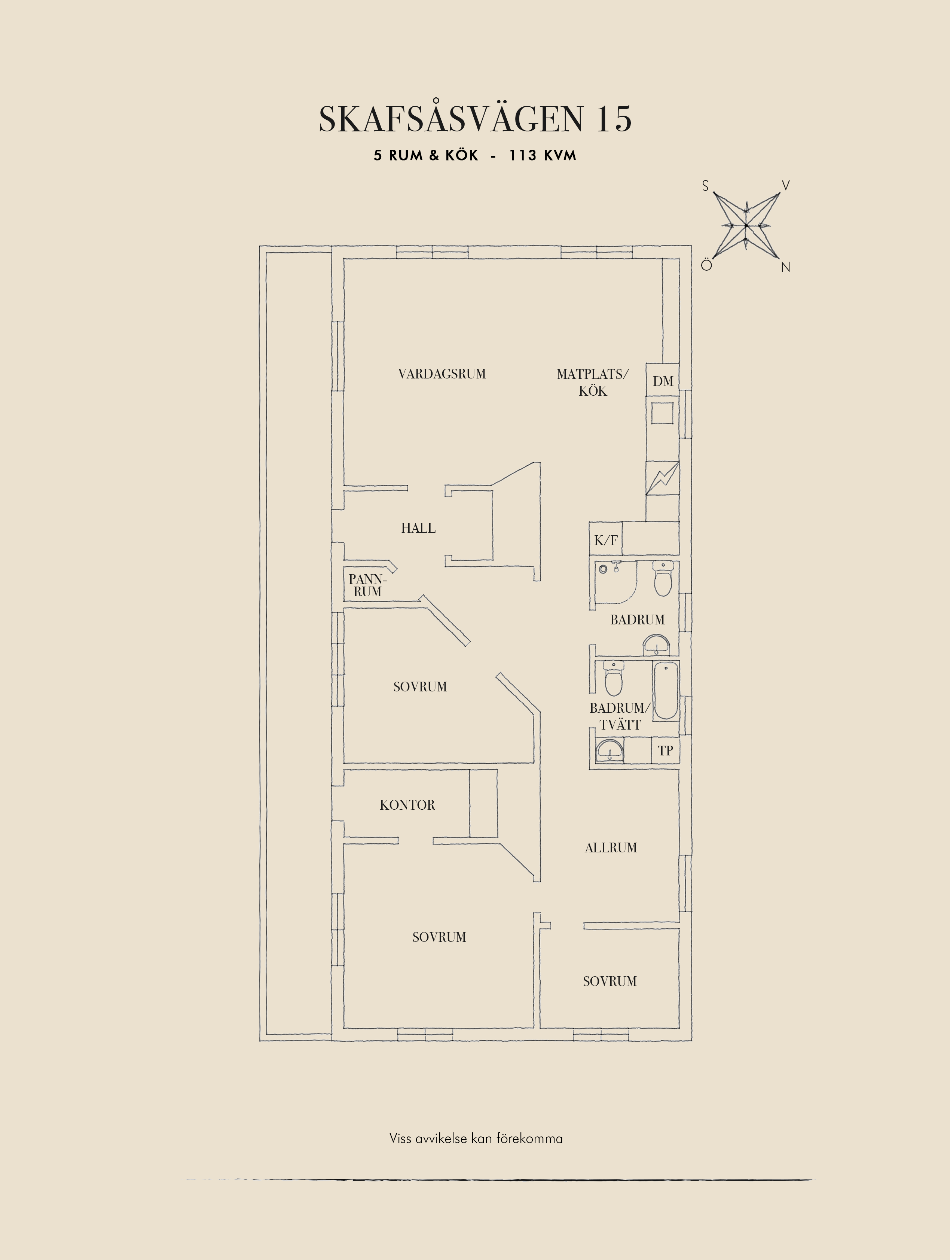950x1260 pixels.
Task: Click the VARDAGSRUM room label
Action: coord(442,374)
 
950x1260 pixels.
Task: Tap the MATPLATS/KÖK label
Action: coord(593,382)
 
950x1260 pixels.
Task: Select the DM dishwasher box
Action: coord(663,380)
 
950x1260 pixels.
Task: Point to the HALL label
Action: coord(418,528)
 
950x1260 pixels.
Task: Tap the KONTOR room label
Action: coord(407,805)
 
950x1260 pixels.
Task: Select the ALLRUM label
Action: coord(611,847)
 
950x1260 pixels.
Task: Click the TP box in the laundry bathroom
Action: coord(665,750)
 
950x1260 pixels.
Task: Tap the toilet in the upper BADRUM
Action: coord(663,578)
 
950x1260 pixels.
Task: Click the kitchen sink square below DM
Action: coord(662,413)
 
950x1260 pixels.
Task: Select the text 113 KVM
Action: coord(543,155)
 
